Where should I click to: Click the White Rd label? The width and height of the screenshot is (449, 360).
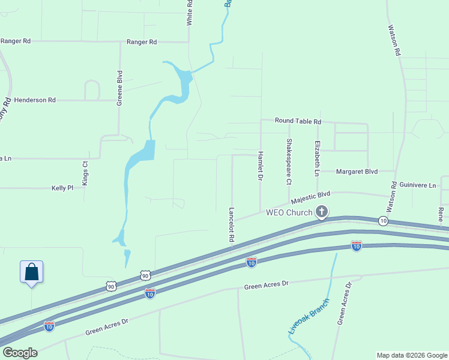click(190, 12)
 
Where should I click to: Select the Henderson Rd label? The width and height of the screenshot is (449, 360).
click(35, 100)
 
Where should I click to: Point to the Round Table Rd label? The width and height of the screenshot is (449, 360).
click(298, 121)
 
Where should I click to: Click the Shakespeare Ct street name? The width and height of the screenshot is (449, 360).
click(289, 161)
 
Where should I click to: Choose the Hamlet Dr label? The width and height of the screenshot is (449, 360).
click(261, 166)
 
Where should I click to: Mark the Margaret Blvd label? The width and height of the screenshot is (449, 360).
click(357, 172)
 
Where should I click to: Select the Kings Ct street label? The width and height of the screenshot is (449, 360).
click(85, 172)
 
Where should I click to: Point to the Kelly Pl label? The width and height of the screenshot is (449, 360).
click(62, 188)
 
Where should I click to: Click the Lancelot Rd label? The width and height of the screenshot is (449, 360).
click(231, 225)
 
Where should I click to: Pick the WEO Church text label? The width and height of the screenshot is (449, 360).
click(289, 212)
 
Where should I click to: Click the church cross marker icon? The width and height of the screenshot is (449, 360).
click(322, 212)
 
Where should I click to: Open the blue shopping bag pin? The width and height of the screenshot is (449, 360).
click(31, 272)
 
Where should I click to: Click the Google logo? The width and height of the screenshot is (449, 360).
click(19, 353)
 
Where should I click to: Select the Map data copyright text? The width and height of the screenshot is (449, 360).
click(411, 355)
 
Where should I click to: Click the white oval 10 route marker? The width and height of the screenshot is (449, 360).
click(383, 221)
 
